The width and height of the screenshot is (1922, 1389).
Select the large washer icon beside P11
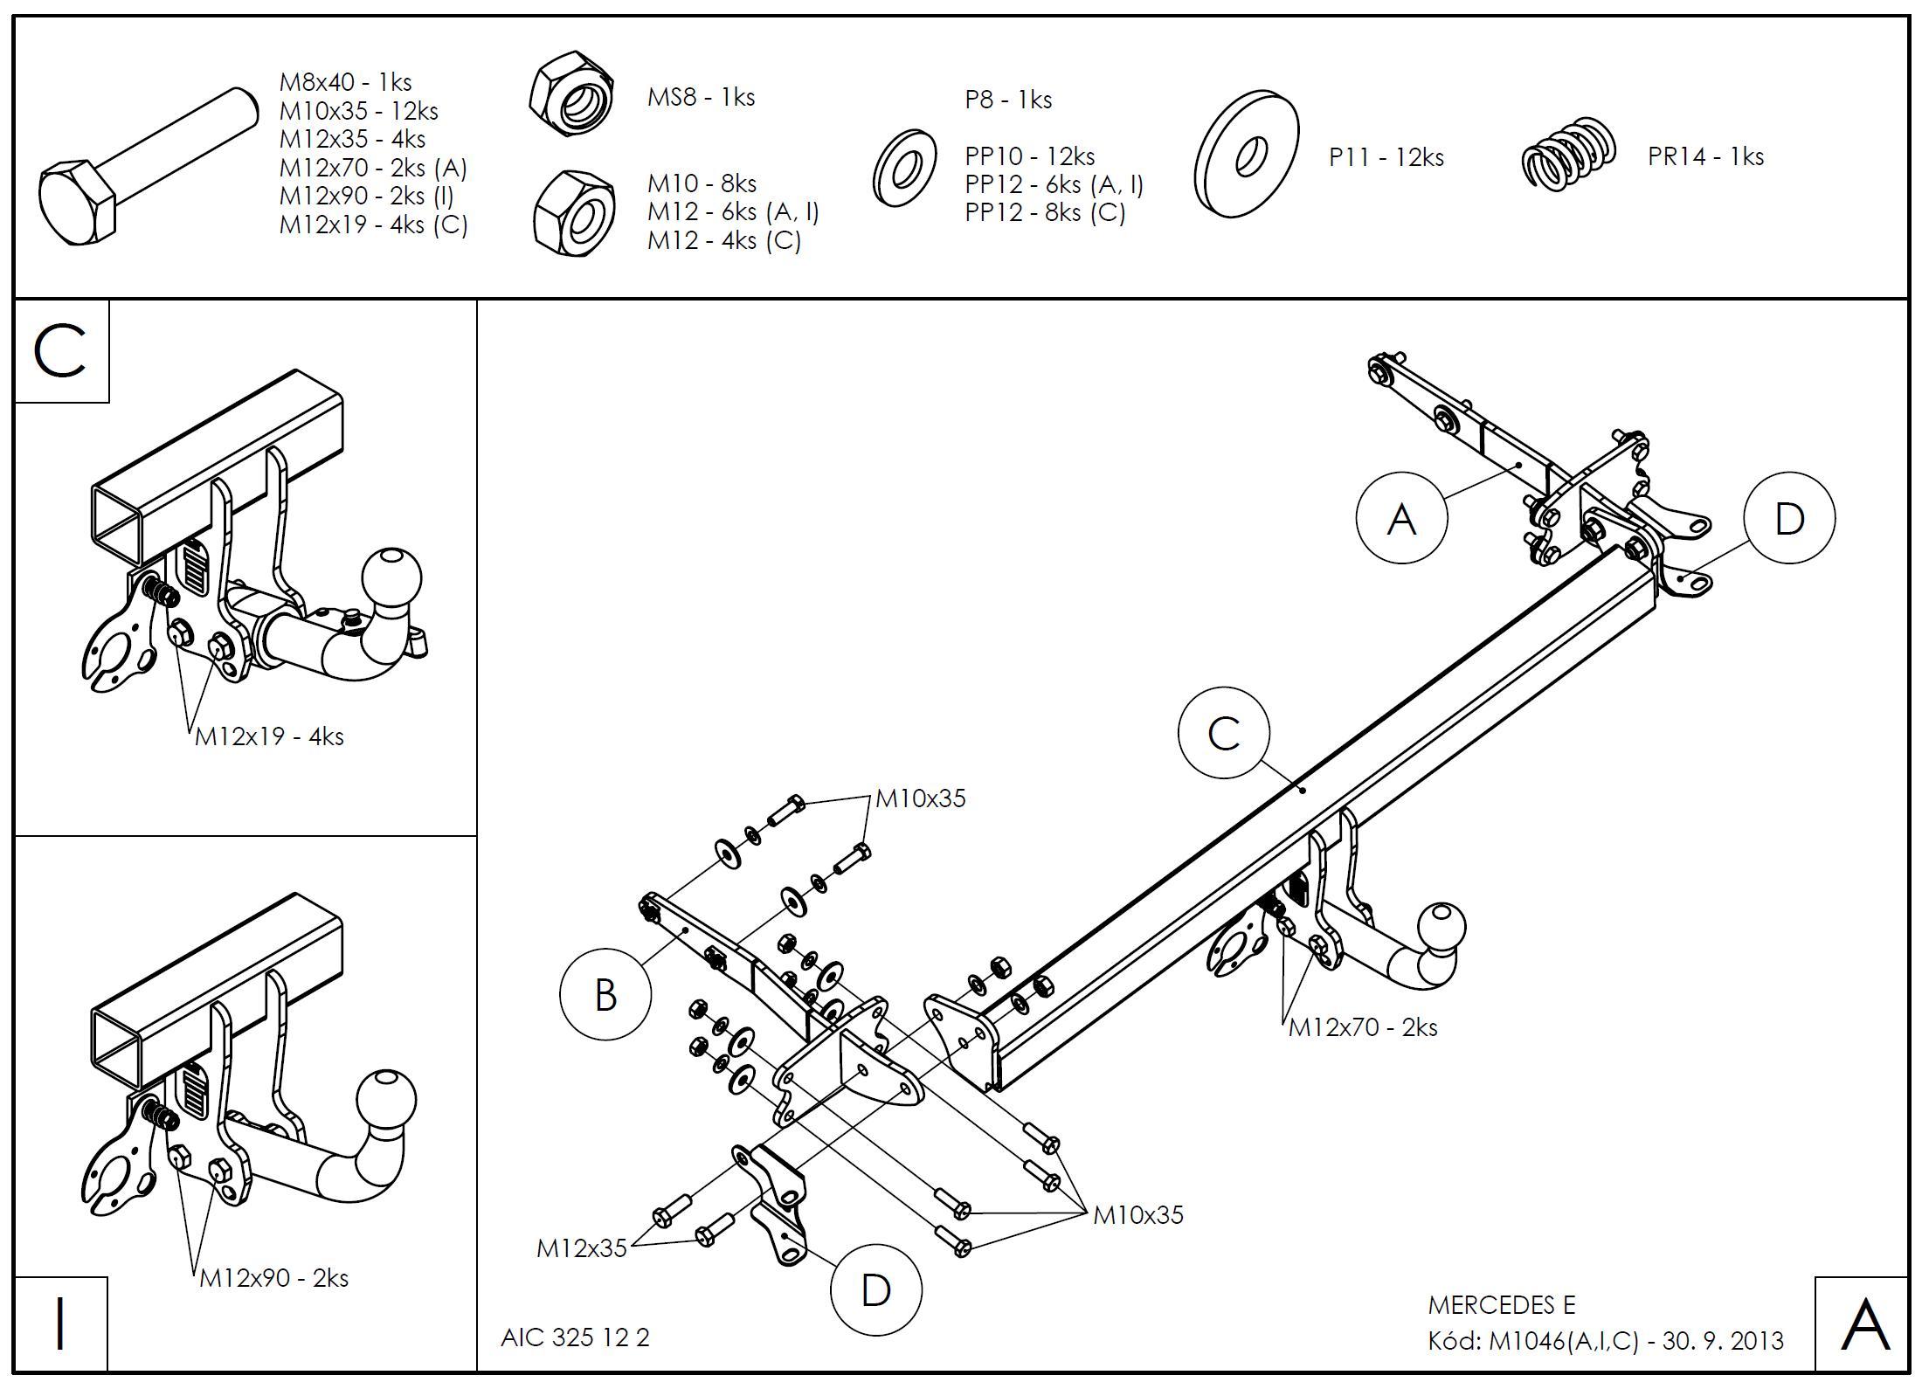click(x=1247, y=154)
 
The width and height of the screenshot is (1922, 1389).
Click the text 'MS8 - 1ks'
click(x=701, y=97)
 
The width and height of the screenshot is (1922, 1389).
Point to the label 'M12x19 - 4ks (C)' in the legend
click(x=374, y=225)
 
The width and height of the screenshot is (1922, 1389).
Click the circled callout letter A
click(x=1401, y=519)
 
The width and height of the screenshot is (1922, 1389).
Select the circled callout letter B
click(x=605, y=994)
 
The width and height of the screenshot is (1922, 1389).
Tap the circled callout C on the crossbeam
click(x=1223, y=734)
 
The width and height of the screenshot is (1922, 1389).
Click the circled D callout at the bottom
click(x=875, y=1289)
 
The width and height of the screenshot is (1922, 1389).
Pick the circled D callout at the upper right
click(x=1789, y=519)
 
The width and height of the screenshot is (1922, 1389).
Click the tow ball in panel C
click(x=391, y=579)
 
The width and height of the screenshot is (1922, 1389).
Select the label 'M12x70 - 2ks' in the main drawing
click(x=1363, y=1027)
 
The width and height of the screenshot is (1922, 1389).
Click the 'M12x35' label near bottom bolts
click(x=582, y=1247)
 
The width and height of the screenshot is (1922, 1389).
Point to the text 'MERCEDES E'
click(x=1502, y=1305)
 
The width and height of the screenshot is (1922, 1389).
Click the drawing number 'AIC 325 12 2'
click(x=575, y=1337)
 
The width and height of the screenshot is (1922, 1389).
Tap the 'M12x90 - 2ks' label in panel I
click(x=273, y=1278)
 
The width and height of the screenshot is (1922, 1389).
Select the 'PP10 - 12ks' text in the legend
click(x=1030, y=156)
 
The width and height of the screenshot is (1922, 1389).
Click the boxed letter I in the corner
click(x=60, y=1323)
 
